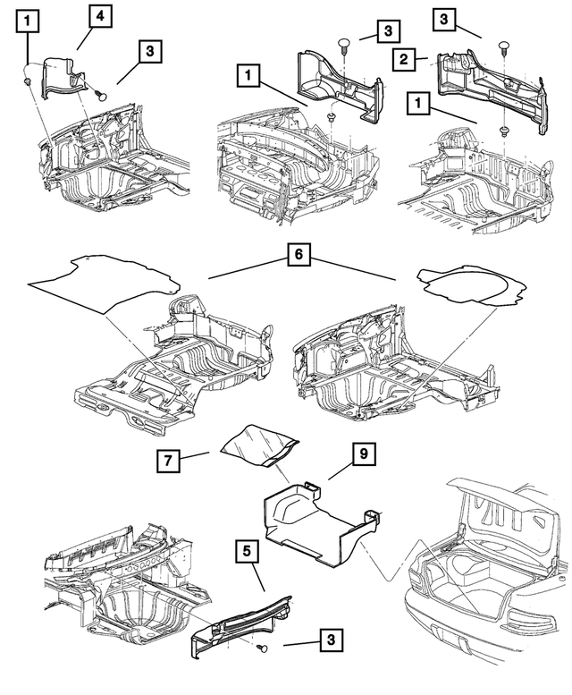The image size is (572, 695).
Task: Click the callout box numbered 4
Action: [x=100, y=16]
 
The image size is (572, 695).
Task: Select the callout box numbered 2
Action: [x=404, y=59]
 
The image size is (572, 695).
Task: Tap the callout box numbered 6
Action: [x=299, y=255]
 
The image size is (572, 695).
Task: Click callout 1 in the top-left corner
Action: [x=29, y=19]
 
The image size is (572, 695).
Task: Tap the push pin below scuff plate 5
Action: [x=261, y=648]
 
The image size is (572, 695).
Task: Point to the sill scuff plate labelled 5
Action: [x=241, y=617]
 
